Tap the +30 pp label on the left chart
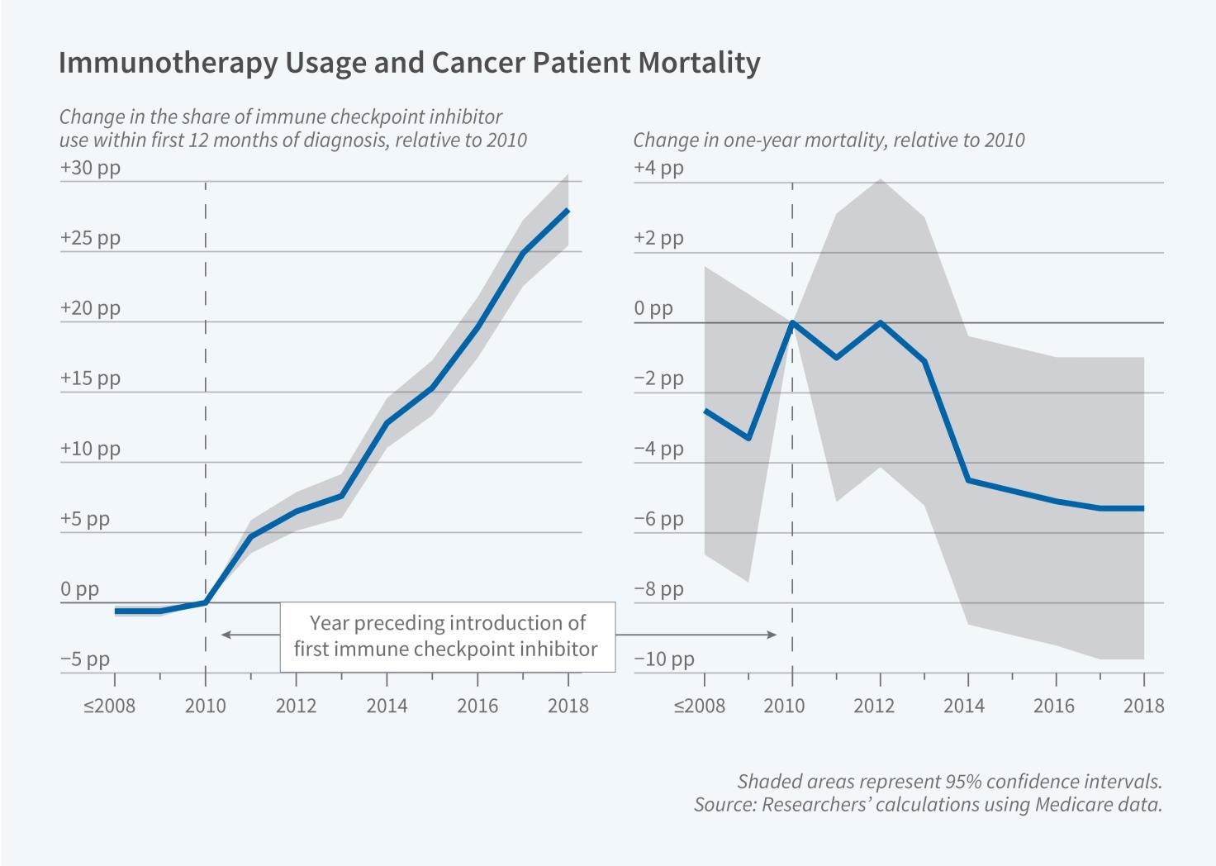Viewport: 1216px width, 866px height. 89,168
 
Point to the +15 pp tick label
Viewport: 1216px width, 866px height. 89,378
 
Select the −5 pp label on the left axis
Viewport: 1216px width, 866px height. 84,659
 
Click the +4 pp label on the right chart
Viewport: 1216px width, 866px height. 658,168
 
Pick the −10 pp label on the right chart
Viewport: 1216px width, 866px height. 663,659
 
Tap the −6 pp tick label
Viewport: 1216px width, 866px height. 658,519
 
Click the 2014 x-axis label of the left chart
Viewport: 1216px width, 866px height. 387,706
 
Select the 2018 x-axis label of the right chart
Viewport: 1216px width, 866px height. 1143,706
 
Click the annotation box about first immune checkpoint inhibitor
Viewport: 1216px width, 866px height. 446,635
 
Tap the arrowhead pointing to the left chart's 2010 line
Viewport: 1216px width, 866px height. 223,635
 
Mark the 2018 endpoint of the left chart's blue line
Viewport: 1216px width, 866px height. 568,211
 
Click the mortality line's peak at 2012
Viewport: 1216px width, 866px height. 881,322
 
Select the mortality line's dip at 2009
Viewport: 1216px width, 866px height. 748,438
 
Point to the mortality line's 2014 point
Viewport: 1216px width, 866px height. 968,480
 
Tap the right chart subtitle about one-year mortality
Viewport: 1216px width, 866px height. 829,140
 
